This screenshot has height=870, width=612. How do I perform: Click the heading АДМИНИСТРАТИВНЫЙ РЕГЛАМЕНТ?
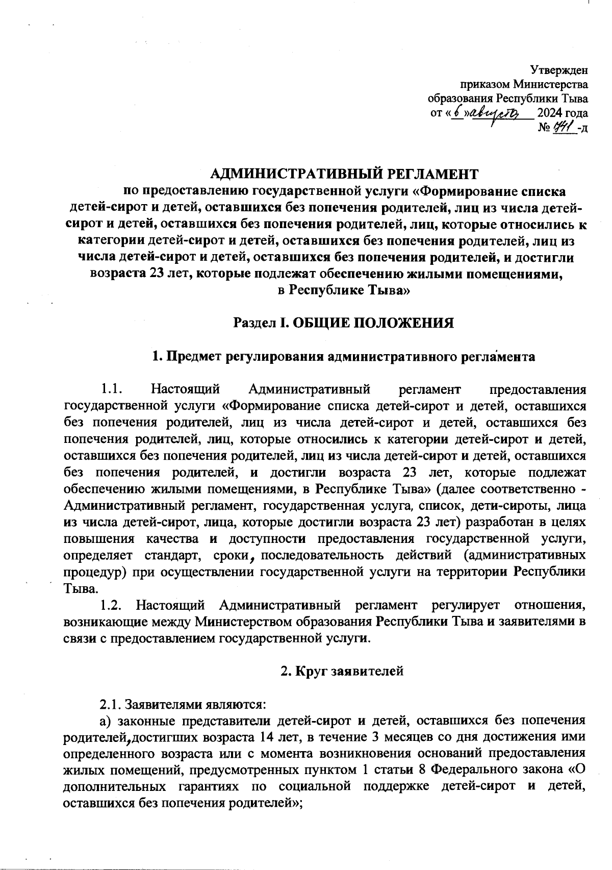pos(345,175)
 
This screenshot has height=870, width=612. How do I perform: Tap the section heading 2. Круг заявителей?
pos(342,671)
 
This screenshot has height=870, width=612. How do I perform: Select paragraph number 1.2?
pos(111,606)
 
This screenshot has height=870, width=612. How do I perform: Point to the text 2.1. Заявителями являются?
pos(183,705)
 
